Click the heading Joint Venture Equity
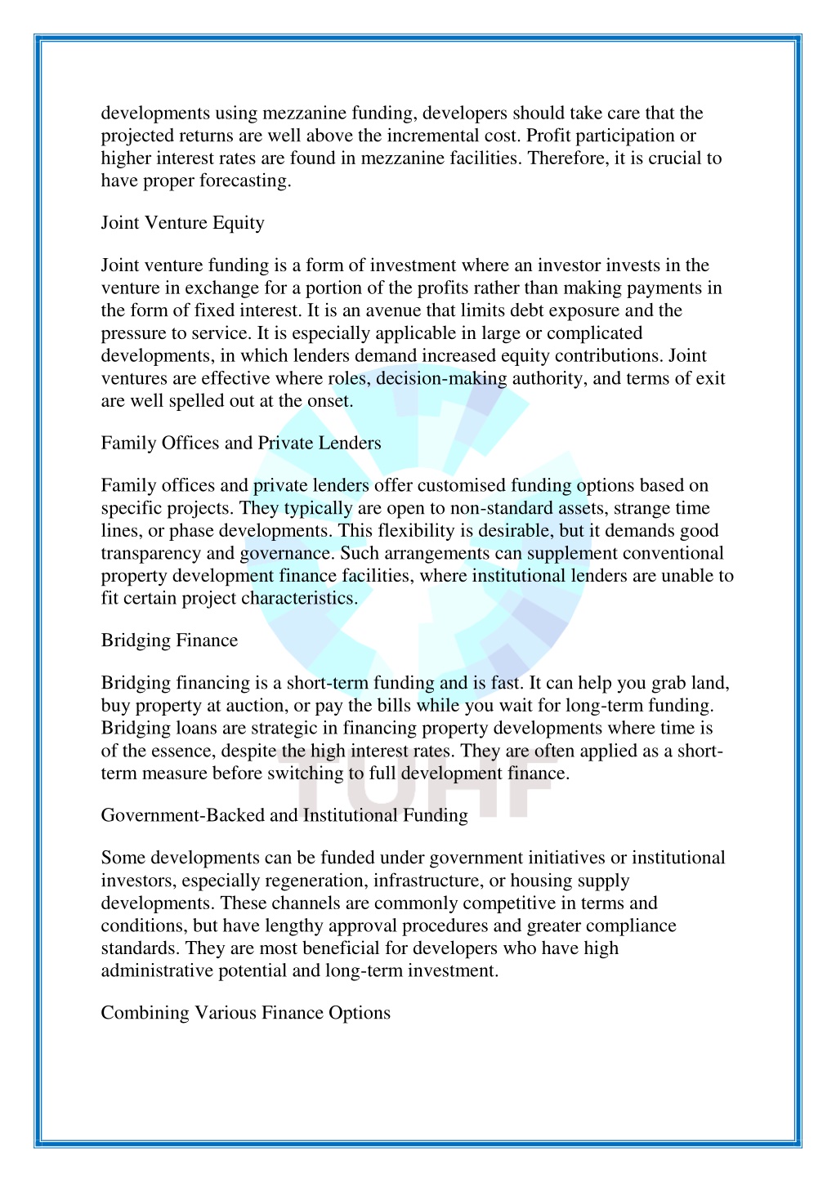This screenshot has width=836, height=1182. click(x=182, y=223)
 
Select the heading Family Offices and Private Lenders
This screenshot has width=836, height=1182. click(x=241, y=444)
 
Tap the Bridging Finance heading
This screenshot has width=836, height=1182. click(x=169, y=640)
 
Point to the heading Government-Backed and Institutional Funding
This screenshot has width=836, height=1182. click(x=284, y=815)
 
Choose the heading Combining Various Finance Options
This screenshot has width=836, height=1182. click(x=245, y=1013)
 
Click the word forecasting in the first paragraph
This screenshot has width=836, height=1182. click(x=244, y=181)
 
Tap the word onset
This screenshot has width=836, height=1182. click(x=329, y=401)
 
